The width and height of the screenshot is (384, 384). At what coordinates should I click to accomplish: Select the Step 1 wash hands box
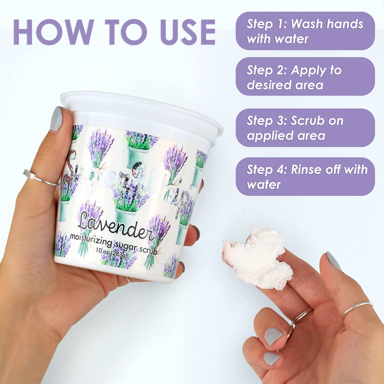click(305, 31)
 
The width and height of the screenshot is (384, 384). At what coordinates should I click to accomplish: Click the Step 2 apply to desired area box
click(305, 77)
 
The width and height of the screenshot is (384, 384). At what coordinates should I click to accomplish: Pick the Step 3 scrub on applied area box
click(305, 128)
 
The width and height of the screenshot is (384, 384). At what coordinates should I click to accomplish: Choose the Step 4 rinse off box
click(305, 177)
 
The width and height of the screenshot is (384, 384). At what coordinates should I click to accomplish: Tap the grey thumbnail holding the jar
click(56, 119)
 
